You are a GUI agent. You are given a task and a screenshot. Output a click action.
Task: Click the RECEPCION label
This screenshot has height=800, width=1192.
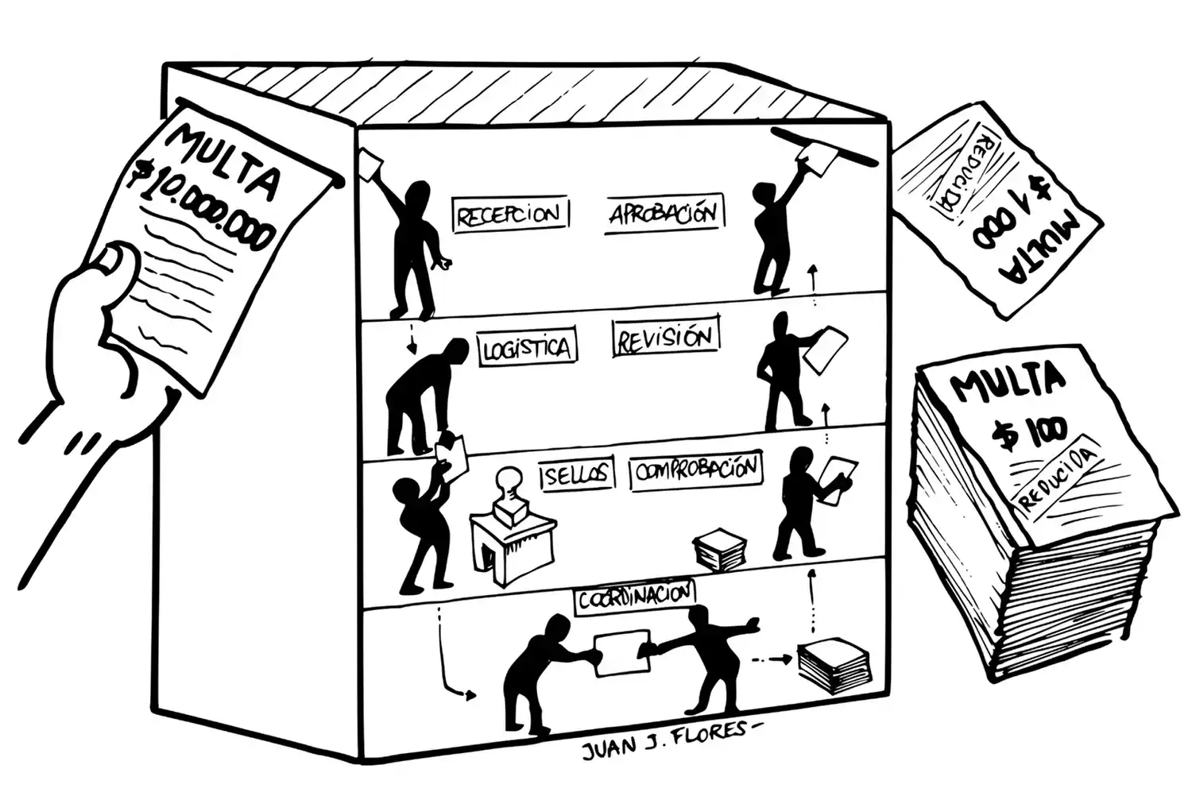click(509, 214)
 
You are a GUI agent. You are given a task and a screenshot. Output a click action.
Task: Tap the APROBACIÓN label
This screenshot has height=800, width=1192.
click(664, 214)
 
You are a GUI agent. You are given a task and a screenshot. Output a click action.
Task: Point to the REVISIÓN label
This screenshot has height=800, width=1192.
click(666, 338)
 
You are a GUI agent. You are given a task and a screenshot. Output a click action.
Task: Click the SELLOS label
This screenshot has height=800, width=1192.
click(577, 475)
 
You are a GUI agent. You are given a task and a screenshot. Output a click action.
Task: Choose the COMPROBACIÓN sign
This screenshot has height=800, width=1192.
click(696, 472)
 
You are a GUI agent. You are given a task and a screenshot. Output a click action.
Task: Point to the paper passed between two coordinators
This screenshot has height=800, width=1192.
click(621, 654)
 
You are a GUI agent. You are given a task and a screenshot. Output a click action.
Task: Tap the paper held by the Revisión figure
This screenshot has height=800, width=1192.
click(826, 349)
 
